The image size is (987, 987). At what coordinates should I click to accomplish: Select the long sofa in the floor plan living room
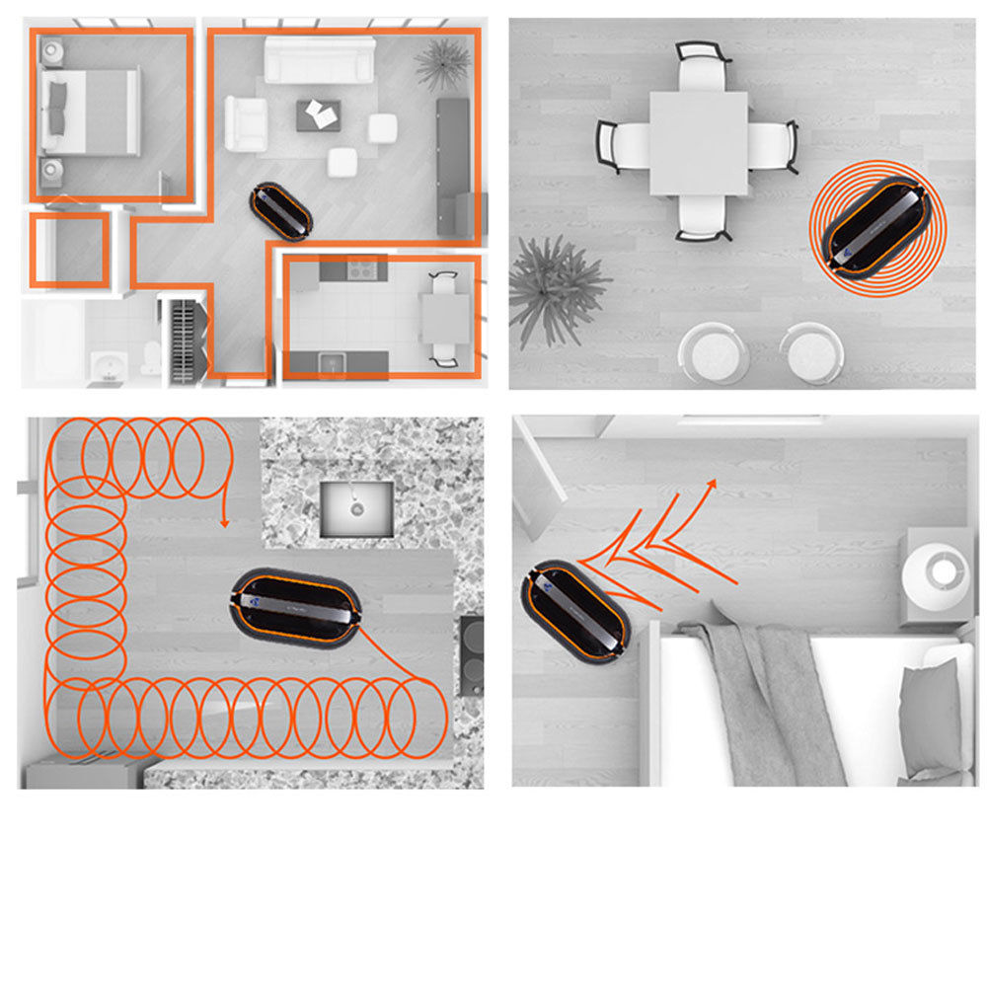(x=319, y=61)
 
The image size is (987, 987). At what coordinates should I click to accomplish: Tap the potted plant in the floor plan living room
(x=442, y=63)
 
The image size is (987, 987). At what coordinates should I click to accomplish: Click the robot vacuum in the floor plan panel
(x=281, y=210)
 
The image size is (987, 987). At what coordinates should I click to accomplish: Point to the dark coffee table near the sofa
(x=318, y=114)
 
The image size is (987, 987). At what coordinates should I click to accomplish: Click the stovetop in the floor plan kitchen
(x=362, y=268)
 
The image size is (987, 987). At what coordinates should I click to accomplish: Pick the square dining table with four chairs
(x=698, y=143)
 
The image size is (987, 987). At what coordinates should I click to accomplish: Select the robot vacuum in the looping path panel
(x=296, y=611)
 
